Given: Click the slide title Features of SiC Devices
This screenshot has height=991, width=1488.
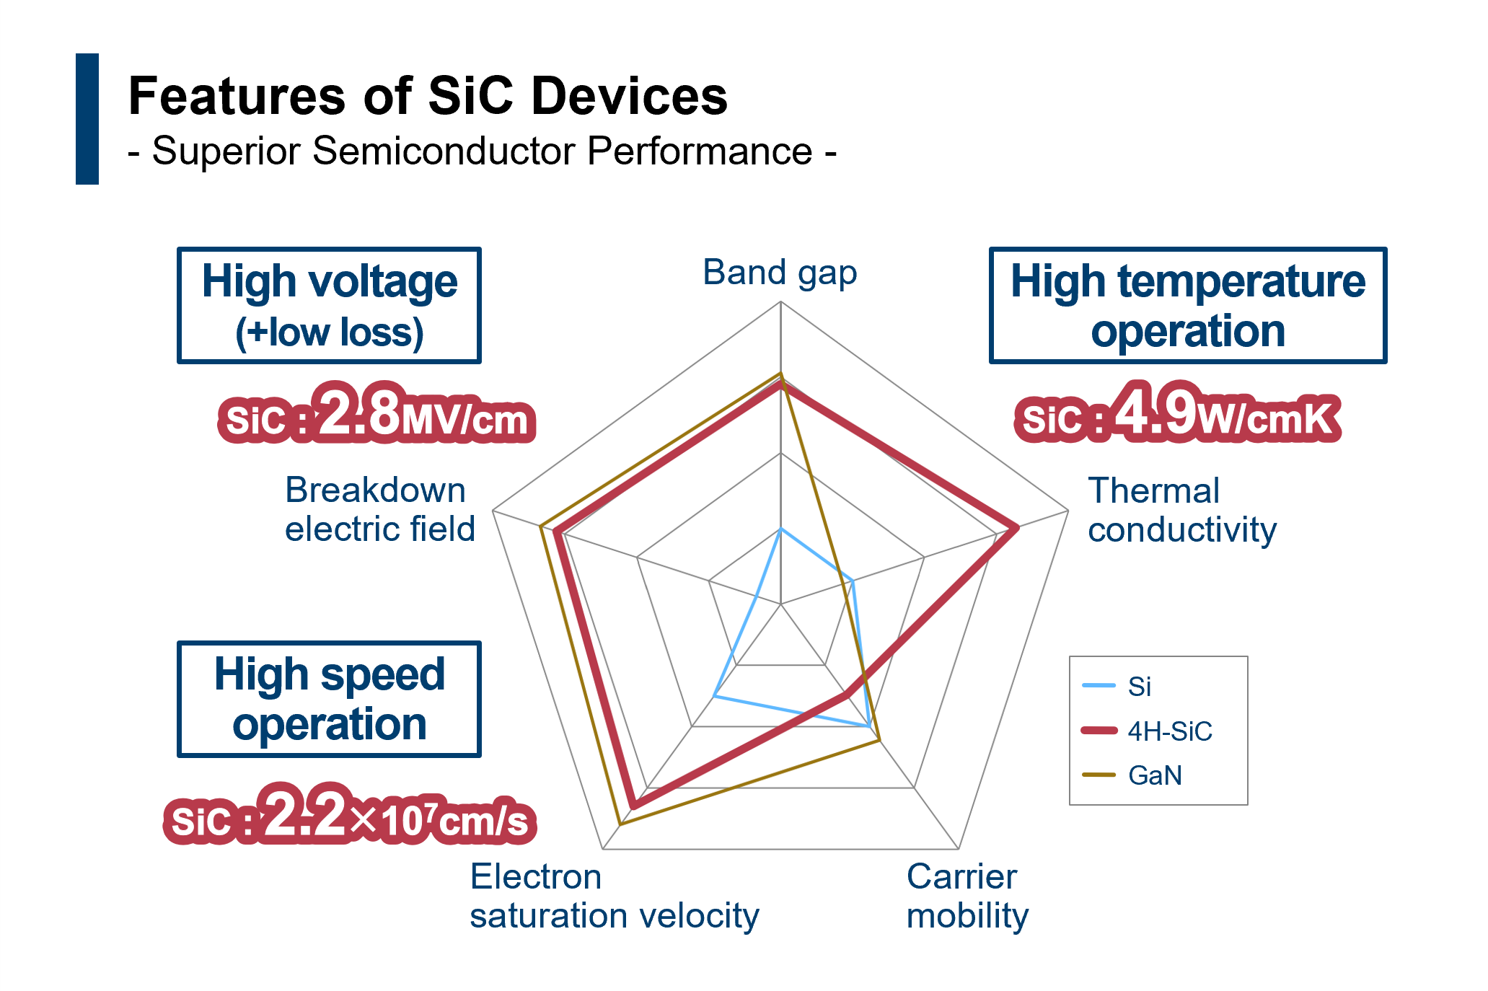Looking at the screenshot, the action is click(x=428, y=96).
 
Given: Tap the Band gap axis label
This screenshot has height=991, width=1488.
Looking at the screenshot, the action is click(x=780, y=273).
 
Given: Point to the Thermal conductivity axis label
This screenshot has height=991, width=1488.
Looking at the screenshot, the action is click(x=1181, y=510).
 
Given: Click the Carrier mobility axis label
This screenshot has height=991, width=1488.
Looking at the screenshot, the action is click(x=967, y=897).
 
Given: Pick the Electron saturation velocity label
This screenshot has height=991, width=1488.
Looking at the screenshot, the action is click(x=614, y=897).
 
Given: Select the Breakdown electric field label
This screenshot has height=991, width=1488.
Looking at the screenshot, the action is click(x=379, y=509).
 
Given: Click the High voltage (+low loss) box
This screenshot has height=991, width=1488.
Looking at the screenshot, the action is click(x=329, y=305).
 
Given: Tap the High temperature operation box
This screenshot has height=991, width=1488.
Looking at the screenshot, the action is click(x=1187, y=305).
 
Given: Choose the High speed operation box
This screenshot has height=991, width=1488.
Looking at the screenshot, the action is click(x=329, y=699).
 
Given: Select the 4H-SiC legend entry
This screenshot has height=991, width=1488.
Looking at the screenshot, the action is click(x=1147, y=731).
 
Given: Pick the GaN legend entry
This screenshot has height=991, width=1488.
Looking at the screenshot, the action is click(x=1132, y=775).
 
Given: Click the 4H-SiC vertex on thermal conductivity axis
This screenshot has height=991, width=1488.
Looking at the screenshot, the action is click(x=1017, y=528).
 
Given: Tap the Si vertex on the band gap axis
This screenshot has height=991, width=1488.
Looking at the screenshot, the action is click(x=780, y=529).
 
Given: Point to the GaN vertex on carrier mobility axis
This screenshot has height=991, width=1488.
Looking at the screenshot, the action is click(x=879, y=740).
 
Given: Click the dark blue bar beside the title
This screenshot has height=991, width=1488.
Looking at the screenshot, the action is click(x=87, y=119).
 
